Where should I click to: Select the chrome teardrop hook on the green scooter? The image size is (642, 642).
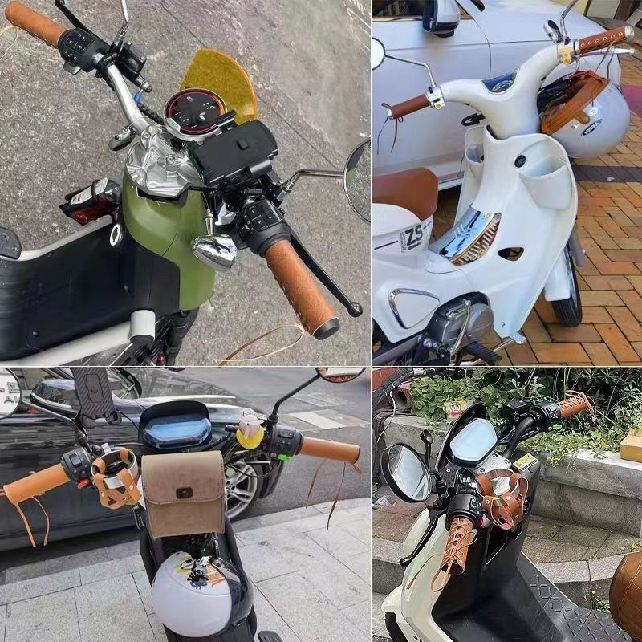pyautogui.click(x=214, y=250)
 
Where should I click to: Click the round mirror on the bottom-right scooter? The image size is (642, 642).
pyautogui.click(x=408, y=473)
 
